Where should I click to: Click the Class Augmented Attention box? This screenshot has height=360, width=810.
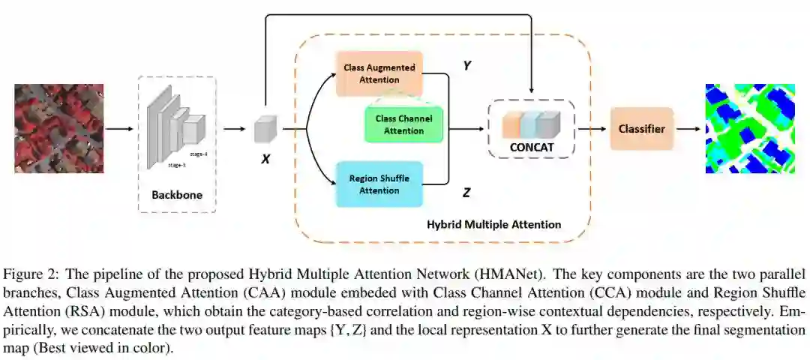coord(379,73)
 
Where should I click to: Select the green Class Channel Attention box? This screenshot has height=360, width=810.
coord(404,124)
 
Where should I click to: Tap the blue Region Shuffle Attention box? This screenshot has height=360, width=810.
coord(379,184)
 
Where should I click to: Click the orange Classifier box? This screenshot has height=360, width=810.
coord(641,129)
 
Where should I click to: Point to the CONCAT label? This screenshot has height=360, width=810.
coord(531,148)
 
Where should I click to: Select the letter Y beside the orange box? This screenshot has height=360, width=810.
coord(466,66)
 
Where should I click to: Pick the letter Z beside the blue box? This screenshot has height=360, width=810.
coord(466,193)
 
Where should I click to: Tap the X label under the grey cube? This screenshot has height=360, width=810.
coord(265,158)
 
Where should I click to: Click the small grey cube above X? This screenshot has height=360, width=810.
coord(265,129)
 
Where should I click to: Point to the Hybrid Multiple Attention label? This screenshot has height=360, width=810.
coord(493,224)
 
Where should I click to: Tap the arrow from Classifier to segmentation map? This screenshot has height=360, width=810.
coord(688,129)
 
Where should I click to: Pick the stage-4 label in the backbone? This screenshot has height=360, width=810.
coord(199,153)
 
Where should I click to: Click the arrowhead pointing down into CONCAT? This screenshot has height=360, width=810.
coord(531,94)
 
